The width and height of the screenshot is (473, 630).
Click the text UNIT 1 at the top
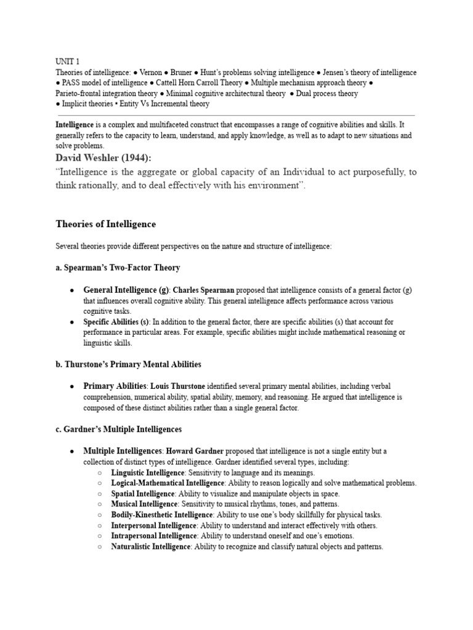(x=68, y=62)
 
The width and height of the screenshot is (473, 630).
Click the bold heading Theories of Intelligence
(x=106, y=224)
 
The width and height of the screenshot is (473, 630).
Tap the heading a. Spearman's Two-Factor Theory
(x=118, y=268)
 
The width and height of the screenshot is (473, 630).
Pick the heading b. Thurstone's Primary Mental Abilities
(x=128, y=364)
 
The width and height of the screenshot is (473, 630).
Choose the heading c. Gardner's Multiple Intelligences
(x=118, y=429)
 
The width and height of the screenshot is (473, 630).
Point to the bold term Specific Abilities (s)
(x=116, y=322)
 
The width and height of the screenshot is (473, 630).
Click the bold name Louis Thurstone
(x=179, y=386)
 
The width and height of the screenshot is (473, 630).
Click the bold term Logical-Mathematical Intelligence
(x=168, y=483)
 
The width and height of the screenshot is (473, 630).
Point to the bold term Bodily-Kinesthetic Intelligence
(x=162, y=514)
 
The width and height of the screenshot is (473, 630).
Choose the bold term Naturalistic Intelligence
(x=152, y=546)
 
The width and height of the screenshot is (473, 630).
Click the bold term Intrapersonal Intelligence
(x=153, y=536)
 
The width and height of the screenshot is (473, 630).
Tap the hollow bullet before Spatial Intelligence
(x=100, y=494)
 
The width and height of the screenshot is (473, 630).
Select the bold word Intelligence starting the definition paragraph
(x=75, y=124)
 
